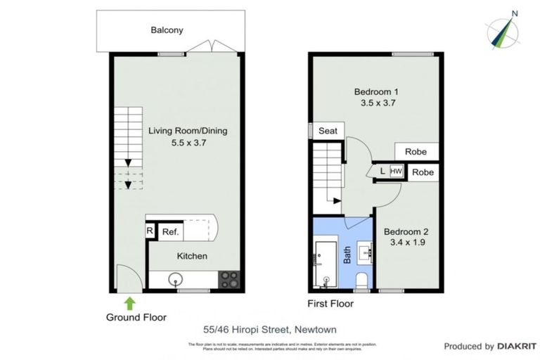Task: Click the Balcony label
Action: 167,30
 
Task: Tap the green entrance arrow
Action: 129,302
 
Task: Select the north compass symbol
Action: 504,31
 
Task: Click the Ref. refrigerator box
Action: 169,231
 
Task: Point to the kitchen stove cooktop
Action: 229,279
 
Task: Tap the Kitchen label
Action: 191,256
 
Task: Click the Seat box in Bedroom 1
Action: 328,131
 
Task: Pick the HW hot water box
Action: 396,171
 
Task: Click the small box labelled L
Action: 382,171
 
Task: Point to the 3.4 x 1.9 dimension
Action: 406,243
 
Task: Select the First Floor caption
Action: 330,304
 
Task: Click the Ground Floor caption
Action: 136,317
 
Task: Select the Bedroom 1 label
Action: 376,91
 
